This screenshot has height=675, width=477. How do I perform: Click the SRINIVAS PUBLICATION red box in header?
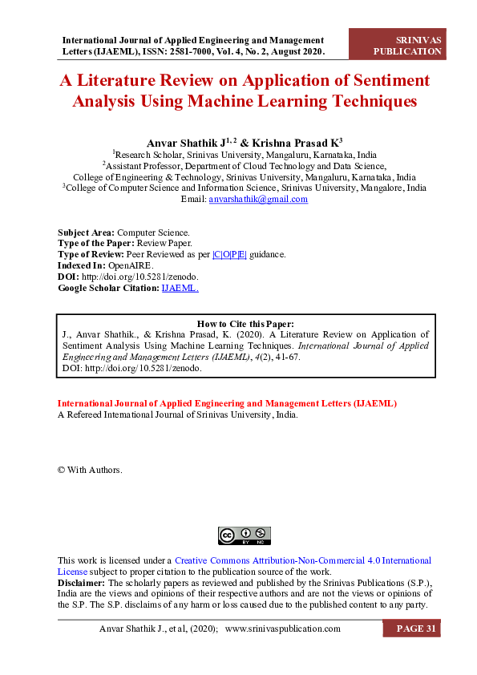408,46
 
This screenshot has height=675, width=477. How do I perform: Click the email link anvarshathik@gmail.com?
258,200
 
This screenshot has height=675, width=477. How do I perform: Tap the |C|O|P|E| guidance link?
230,253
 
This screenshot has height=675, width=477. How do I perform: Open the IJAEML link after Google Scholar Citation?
180,287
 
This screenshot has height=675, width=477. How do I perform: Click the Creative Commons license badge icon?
245,536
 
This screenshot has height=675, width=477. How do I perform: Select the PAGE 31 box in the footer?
415,629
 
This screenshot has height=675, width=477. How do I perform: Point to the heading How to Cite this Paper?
245,324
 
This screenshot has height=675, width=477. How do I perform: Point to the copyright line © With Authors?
90,470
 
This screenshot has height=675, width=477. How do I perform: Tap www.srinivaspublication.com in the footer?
283,629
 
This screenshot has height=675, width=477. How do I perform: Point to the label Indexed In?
82,265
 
